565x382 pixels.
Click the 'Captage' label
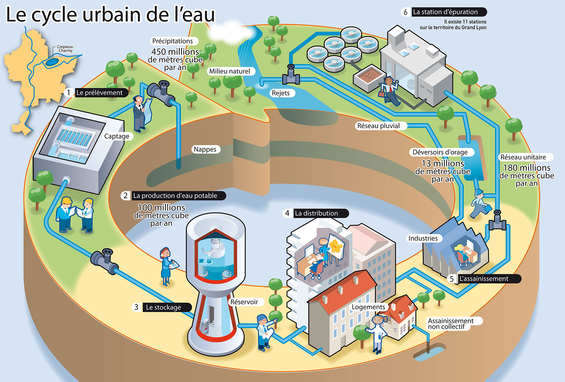tap(117, 136)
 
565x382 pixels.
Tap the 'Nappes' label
tap(205, 149)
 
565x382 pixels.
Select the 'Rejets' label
tap(281, 93)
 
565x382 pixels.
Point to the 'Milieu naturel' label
tap(230, 71)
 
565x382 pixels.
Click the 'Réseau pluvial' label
tap(378, 126)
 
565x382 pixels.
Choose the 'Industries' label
tap(423, 238)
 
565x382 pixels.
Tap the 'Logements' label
tap(368, 307)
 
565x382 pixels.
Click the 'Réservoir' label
tap(244, 302)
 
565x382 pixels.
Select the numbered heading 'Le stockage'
tap(164, 307)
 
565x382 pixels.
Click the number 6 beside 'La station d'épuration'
tap(406, 12)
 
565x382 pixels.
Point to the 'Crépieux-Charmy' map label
tap(65, 49)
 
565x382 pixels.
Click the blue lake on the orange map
tap(52, 62)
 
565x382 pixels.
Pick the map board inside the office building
tap(336, 246)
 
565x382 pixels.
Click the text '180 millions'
tap(527, 168)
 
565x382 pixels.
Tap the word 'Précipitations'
tap(172, 41)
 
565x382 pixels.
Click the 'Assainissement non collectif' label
tap(450, 323)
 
